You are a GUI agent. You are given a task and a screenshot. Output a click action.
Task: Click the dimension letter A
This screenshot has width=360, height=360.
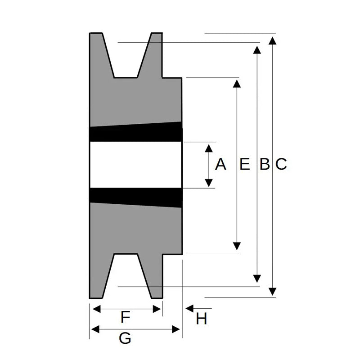pyautogui.click(x=220, y=165)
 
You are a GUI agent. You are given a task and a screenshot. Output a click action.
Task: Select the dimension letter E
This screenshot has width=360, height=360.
pyautogui.click(x=244, y=165)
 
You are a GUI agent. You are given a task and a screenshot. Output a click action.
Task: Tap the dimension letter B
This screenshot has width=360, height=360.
pyautogui.click(x=265, y=165)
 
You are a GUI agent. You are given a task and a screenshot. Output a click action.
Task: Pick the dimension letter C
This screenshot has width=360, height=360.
pyautogui.click(x=281, y=165)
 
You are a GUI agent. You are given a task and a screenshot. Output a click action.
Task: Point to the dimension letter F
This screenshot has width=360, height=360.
pyautogui.click(x=126, y=318)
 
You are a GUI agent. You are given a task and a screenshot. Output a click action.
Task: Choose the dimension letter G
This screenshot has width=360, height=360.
pyautogui.click(x=125, y=338)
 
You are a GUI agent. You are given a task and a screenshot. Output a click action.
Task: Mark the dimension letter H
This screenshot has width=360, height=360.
pyautogui.click(x=201, y=319)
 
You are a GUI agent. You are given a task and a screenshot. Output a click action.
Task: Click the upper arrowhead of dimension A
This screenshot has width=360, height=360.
pyautogui.click(x=209, y=148)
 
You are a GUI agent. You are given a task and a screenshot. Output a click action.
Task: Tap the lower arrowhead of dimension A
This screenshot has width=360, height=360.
pyautogui.click(x=209, y=182)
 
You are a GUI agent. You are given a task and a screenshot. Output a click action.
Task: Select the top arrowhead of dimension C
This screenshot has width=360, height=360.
pyautogui.click(x=273, y=41)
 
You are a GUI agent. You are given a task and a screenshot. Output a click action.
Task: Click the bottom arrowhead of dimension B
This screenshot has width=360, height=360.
pyautogui.click(x=257, y=278)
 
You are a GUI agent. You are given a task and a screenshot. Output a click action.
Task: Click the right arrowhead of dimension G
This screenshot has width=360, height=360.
pyautogui.click(x=176, y=330)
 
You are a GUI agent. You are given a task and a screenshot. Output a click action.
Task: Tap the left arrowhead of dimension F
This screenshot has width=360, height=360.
pyautogui.click(x=96, y=309)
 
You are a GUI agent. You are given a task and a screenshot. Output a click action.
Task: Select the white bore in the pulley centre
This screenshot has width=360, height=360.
pyautogui.click(x=135, y=165)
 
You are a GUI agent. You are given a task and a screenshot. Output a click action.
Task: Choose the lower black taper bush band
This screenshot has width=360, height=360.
pyautogui.click(x=135, y=197)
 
